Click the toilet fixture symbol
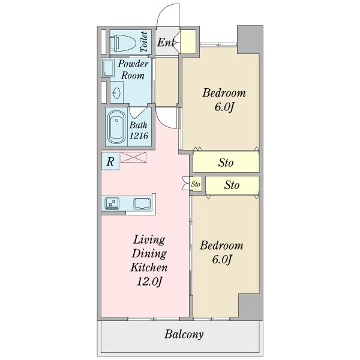124,43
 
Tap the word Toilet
144,42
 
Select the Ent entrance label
166,42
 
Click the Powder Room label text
133,70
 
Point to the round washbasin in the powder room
116,93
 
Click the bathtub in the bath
116,128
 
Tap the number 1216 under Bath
139,136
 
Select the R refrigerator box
110,161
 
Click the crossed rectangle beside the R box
133,157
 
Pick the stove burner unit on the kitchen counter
112,203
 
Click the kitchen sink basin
142,203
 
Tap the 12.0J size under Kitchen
149,281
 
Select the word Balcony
184,334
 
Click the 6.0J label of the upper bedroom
224,107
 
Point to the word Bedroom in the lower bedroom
221,245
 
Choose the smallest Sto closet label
196,184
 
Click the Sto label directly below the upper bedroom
226,163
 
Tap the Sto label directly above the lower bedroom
232,185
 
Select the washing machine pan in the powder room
108,68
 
